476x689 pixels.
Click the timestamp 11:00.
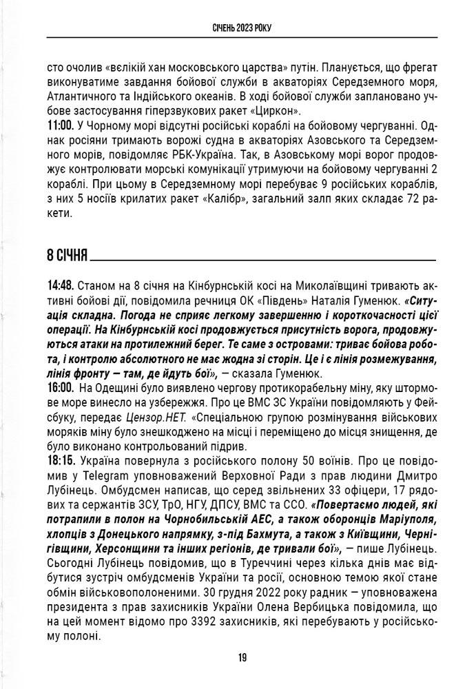pos(61,125)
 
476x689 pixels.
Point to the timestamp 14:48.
pos(61,285)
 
